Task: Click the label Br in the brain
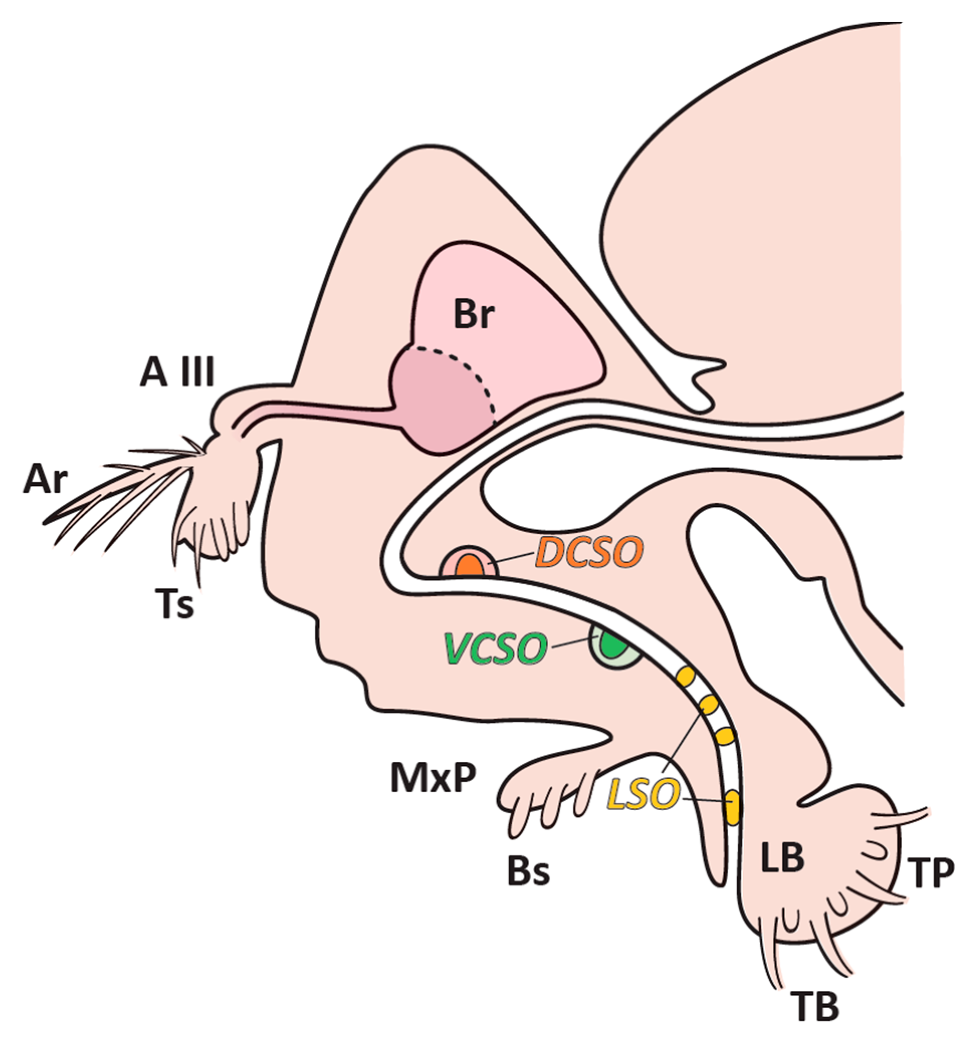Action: click(x=473, y=316)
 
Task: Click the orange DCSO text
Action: click(x=588, y=553)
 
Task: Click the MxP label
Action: click(x=433, y=778)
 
